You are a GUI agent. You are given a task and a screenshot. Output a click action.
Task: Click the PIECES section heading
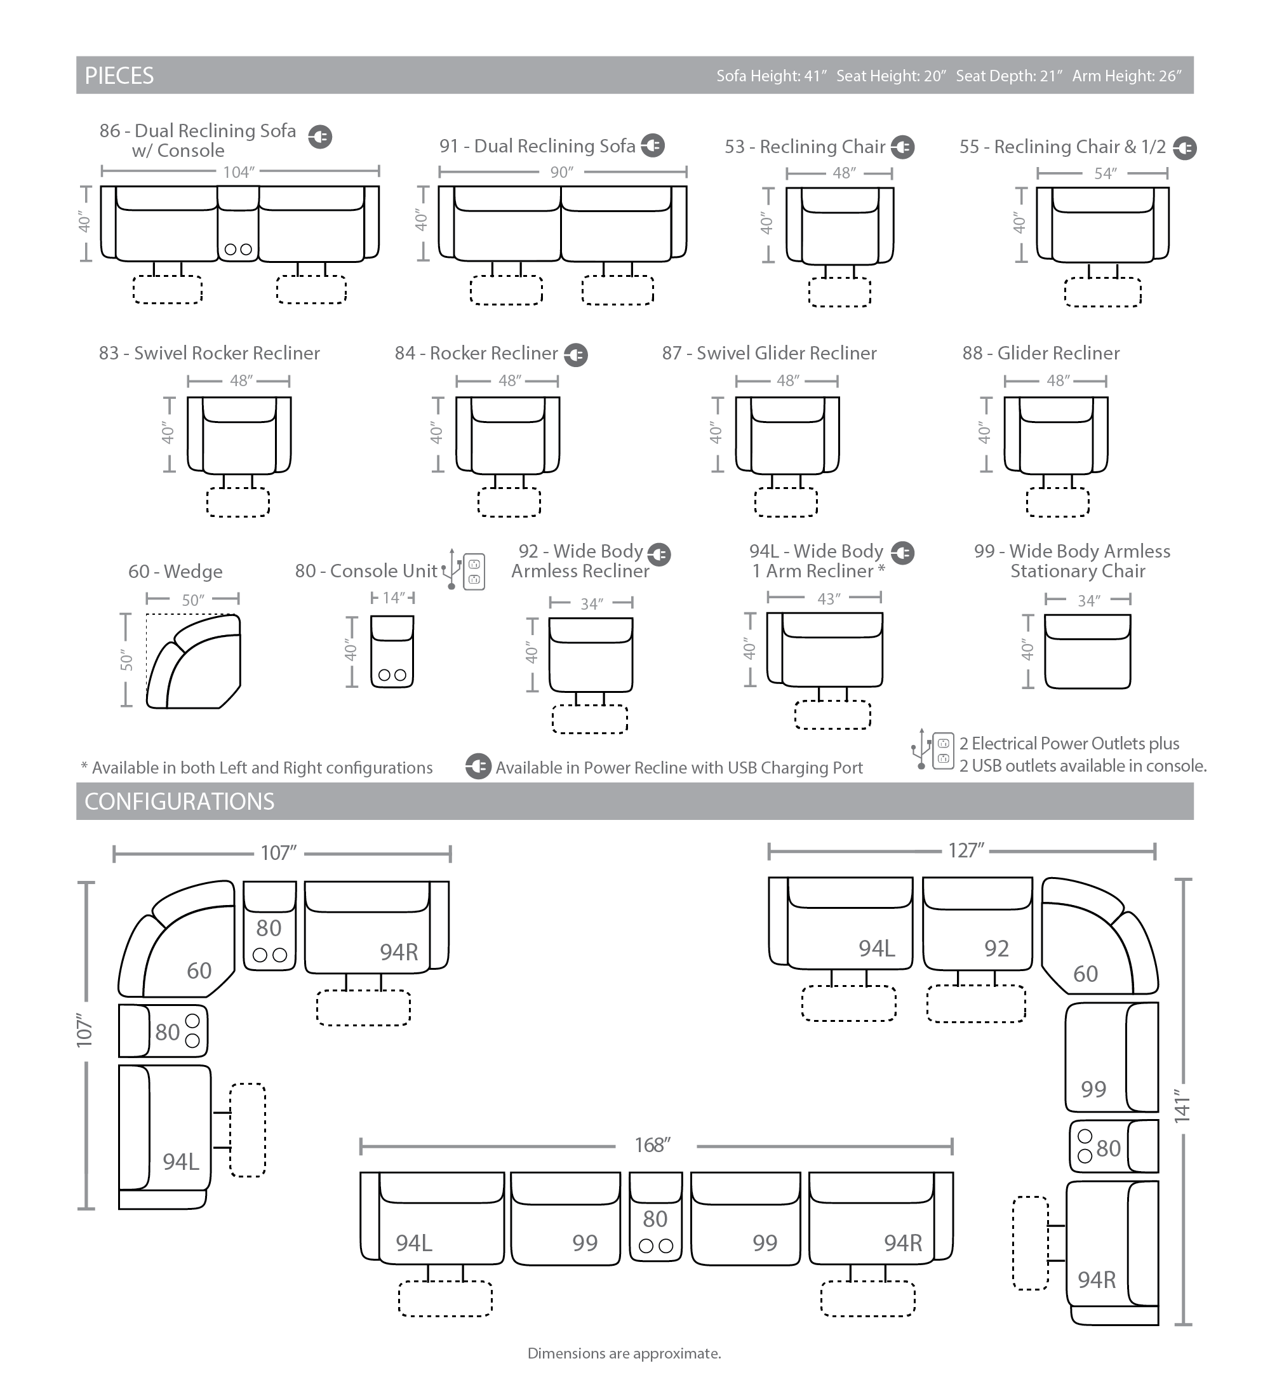point(119,76)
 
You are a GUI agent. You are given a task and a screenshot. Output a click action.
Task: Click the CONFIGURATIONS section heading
point(179,802)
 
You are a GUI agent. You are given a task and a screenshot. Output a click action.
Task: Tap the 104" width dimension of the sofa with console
point(239,172)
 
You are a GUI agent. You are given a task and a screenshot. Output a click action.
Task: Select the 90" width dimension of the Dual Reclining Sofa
point(561,172)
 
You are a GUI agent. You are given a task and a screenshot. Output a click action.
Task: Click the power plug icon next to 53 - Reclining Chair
point(902,147)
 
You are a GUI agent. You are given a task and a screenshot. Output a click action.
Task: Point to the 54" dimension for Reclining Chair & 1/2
point(1105,173)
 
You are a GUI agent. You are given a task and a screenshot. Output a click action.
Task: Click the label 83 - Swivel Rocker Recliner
point(210,353)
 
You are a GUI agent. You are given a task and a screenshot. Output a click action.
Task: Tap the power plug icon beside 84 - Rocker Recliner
point(576,354)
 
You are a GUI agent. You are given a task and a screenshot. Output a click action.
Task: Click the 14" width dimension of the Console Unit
point(393,598)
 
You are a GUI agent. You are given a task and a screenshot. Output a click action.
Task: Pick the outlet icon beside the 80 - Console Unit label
point(474,572)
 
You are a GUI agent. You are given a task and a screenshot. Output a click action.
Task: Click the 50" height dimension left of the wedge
point(126,660)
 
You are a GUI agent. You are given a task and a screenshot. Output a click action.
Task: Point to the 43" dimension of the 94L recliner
point(828,598)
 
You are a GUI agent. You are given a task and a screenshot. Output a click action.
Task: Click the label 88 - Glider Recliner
point(1041,353)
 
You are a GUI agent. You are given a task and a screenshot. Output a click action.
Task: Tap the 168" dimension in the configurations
point(652,1145)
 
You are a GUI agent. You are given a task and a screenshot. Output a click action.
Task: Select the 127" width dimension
point(966,851)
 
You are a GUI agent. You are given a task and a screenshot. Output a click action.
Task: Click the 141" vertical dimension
point(1182,1106)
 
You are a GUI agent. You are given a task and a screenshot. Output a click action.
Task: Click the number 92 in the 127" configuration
point(996,948)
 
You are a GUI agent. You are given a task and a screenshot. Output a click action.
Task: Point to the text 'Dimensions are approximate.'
point(624,1353)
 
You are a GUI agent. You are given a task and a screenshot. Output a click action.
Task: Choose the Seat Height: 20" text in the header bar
point(891,76)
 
